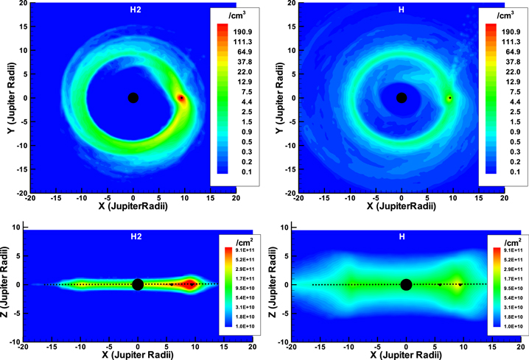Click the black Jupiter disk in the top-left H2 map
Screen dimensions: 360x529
point(133,98)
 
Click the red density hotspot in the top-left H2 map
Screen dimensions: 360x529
point(181,98)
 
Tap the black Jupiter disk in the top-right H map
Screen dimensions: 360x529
point(401,98)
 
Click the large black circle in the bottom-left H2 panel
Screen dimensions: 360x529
point(138,284)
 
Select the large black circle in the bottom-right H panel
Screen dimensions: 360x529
point(406,284)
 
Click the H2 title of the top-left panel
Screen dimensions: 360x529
point(133,10)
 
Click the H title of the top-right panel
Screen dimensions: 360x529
point(401,10)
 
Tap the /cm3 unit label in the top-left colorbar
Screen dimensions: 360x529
point(237,15)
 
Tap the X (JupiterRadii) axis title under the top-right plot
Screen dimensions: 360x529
point(401,208)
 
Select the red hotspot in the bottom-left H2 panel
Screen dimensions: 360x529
point(191,284)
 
